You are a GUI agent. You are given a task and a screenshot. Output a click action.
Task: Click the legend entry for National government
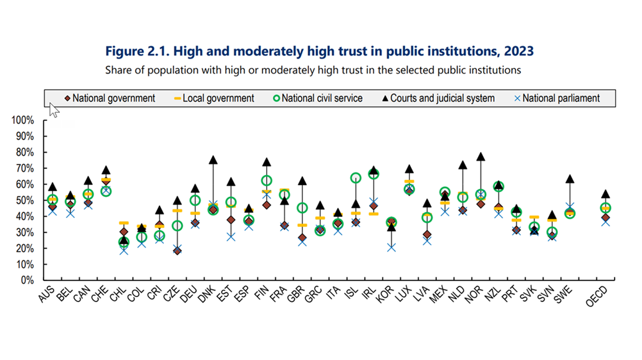tap(110, 98)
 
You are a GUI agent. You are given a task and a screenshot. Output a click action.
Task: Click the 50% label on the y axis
tap(29, 200)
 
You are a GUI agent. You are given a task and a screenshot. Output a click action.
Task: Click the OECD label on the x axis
tap(597, 296)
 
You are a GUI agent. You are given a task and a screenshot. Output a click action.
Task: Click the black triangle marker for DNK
tap(213, 160)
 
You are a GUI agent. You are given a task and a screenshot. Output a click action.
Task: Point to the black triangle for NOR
tap(481, 157)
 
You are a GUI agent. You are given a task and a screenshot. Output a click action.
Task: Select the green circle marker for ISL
tap(356, 178)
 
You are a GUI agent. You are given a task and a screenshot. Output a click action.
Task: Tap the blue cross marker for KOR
tap(391, 247)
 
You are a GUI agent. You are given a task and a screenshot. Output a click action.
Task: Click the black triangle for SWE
tap(570, 179)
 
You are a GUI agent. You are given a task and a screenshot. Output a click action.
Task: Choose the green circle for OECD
tap(605, 207)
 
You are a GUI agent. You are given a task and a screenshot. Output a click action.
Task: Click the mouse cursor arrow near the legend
tap(54, 110)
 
